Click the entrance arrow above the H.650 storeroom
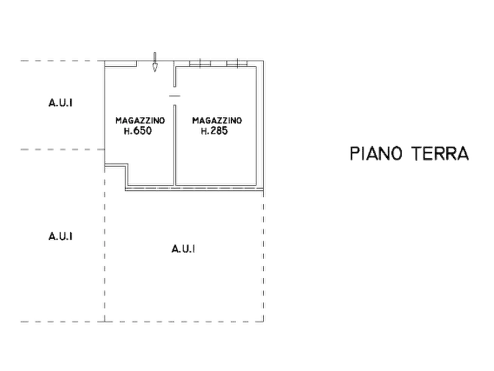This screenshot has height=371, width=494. tap(155, 62)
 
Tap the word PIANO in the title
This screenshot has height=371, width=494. tap(376, 153)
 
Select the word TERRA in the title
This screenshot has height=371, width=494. tap(440, 153)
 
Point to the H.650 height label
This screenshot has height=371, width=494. tap(138, 131)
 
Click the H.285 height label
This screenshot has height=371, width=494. tap(214, 131)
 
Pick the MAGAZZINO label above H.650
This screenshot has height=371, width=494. tap(140, 121)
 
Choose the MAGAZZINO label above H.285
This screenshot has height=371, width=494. tap(217, 121)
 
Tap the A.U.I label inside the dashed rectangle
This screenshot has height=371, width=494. tap(183, 249)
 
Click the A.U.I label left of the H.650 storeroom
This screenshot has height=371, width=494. tap(60, 102)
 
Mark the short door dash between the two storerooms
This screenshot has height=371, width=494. tap(175, 96)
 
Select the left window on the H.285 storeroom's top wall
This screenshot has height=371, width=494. tap(200, 63)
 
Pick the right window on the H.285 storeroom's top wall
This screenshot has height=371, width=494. tap(237, 63)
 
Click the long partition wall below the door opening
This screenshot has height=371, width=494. tap(175, 145)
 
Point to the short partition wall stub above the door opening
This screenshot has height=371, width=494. tap(175, 74)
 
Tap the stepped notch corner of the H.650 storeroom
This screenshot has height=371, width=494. tap(127, 164)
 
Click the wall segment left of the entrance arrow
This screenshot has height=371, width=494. tap(121, 64)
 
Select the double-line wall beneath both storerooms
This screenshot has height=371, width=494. tap(194, 189)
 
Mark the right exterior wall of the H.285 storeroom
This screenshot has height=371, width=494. tap(260, 126)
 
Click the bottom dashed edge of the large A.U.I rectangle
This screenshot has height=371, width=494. tap(184, 322)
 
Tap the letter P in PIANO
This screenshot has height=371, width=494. tap(354, 153)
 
